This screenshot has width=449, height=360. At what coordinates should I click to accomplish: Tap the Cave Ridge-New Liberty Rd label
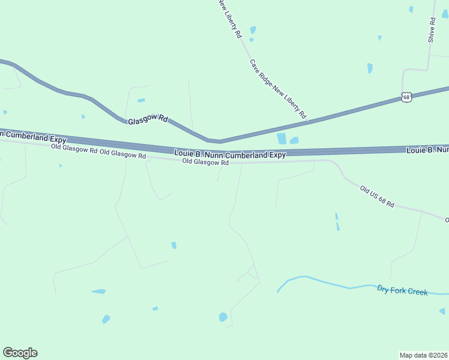tap(278, 88)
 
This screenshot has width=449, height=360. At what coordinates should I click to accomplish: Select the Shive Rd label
tap(431, 29)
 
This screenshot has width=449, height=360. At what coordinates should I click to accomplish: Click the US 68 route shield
tap(407, 97)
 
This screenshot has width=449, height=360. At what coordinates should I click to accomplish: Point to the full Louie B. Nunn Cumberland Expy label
tap(230, 154)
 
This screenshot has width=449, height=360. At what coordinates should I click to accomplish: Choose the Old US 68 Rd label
tap(377, 197)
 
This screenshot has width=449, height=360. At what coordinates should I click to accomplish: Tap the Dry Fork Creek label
tap(402, 291)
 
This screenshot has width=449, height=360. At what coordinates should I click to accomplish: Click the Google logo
tap(20, 353)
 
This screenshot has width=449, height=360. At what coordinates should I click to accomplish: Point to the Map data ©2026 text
tap(423, 355)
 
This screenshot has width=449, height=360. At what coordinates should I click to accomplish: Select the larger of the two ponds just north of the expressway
tap(282, 139)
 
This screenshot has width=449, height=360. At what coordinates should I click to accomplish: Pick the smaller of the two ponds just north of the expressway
tap(294, 141)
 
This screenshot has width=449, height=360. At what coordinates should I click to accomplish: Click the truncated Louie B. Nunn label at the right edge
tap(427, 149)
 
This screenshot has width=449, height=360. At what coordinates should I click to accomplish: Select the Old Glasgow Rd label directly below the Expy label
tap(205, 163)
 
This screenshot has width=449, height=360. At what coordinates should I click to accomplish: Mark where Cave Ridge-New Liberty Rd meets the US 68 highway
tap(309, 121)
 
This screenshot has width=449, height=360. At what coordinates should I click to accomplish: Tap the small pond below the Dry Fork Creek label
tap(442, 311)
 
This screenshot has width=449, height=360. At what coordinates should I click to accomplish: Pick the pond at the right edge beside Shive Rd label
tap(445, 14)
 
